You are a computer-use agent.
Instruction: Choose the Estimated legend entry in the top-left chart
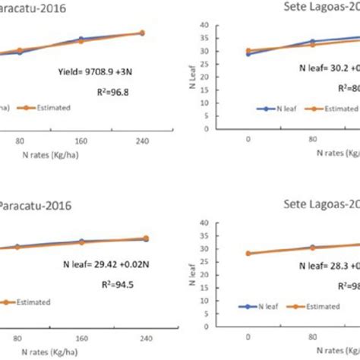50,108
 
